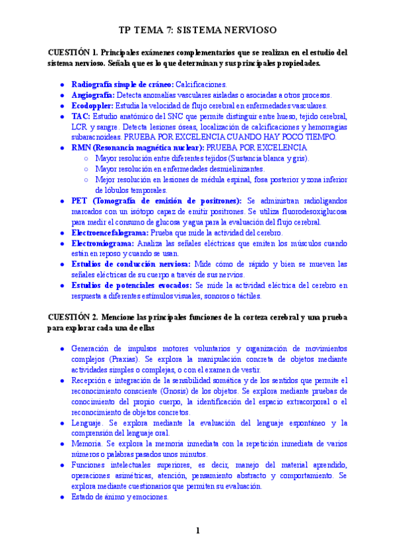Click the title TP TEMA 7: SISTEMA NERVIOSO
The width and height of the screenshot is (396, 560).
(197, 30)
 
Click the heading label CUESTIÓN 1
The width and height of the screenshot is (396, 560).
(72, 52)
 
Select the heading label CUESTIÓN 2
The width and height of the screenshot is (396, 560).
(72, 317)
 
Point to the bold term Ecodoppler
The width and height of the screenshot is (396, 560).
(92, 106)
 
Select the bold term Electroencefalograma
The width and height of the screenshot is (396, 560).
(110, 232)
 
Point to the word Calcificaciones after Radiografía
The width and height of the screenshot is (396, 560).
(201, 85)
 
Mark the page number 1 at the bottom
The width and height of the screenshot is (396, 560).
(197, 530)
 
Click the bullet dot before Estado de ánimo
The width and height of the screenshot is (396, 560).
(61, 497)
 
